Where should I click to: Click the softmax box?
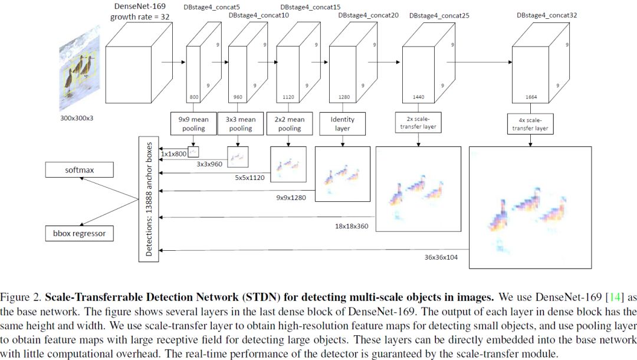point(79,171)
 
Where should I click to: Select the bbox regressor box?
point(79,233)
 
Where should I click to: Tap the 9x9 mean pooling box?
point(193,123)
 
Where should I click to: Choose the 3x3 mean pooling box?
point(240,123)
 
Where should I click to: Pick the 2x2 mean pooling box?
point(289,123)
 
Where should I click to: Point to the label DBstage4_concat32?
point(546,15)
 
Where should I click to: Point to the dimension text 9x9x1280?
point(291,198)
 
